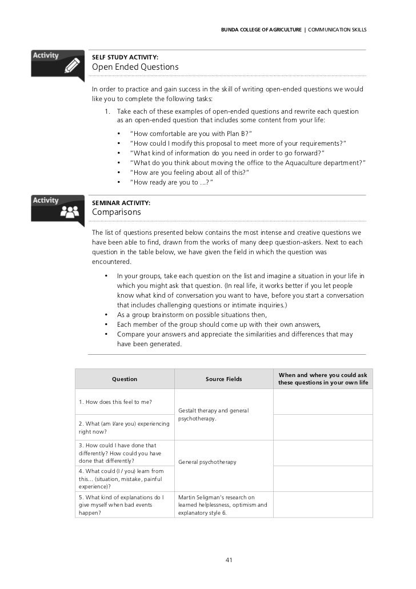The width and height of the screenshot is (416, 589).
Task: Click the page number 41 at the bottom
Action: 229,560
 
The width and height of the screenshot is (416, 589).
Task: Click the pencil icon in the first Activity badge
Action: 72,66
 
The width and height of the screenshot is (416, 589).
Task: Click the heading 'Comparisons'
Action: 117,212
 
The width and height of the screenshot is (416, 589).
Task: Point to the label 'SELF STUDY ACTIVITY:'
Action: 125,57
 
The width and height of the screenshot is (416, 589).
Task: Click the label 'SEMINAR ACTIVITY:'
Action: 121,203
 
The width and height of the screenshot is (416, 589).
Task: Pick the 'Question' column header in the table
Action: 125,379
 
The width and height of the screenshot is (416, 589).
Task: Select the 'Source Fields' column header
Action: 223,379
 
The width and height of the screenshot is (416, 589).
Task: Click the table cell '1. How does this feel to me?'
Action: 115,402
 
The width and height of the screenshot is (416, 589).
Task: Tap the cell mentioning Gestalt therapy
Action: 213,414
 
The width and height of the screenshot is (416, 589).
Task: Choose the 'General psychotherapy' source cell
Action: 207,462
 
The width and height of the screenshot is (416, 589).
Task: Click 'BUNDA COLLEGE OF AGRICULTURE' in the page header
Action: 261,29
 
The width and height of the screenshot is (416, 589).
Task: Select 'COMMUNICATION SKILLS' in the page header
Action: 337,29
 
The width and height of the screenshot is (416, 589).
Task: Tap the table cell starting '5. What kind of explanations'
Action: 121,505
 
